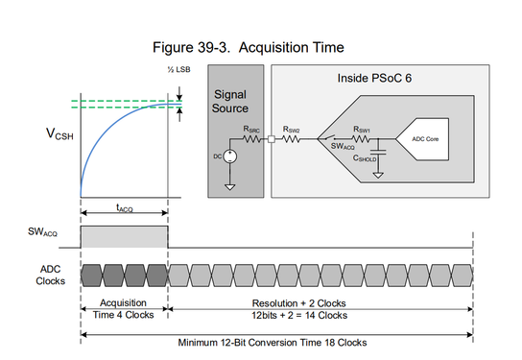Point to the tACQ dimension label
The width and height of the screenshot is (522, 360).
click(124, 207)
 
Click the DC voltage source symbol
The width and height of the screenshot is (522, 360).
click(228, 157)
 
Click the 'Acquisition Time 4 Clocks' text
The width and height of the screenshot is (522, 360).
click(124, 308)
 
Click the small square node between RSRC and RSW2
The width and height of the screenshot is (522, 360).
click(272, 139)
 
